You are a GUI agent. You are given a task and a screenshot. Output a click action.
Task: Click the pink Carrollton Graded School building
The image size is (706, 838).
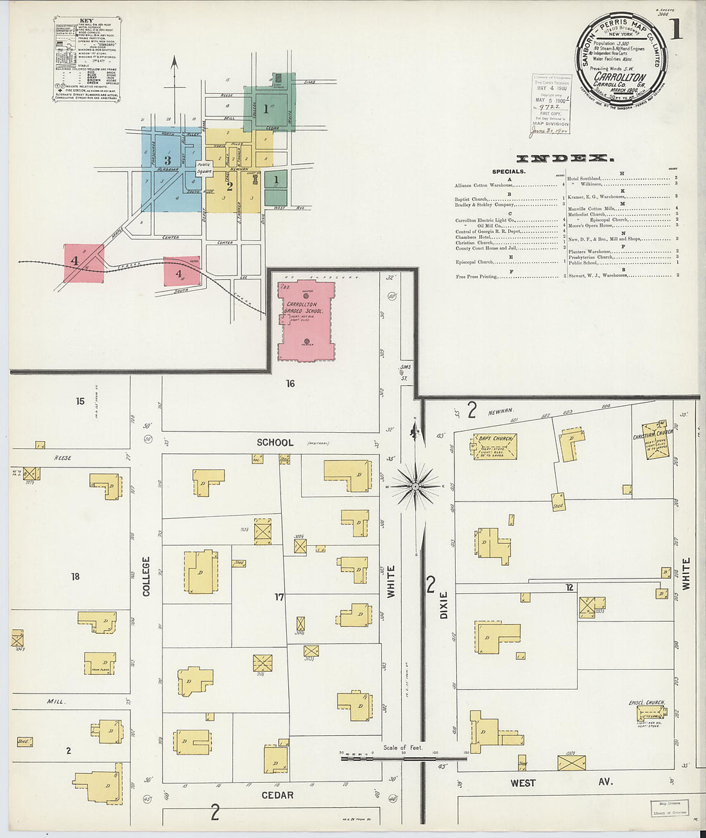306,321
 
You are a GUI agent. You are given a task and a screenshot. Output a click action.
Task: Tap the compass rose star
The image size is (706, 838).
416,487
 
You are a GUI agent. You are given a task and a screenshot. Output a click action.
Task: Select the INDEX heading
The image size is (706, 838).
565,158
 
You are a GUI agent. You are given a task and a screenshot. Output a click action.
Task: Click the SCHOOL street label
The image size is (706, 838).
275,442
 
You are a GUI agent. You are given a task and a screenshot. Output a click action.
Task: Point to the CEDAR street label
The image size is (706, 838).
277,795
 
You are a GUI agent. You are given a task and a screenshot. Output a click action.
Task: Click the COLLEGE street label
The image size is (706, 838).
146,576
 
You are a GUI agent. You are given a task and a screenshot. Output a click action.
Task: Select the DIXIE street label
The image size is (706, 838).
443,605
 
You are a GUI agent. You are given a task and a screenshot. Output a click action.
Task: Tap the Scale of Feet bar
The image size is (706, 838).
404,757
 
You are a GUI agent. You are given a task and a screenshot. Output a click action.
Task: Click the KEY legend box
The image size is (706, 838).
87,59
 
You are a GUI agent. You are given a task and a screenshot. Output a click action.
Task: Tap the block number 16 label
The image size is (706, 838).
291,383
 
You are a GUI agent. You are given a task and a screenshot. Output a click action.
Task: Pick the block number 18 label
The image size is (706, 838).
75,577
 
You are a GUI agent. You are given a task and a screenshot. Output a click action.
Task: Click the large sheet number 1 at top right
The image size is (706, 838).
676,30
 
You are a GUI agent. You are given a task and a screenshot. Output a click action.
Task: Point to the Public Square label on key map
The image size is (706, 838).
204,168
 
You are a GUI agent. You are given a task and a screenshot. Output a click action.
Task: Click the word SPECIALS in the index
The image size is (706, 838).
508,171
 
